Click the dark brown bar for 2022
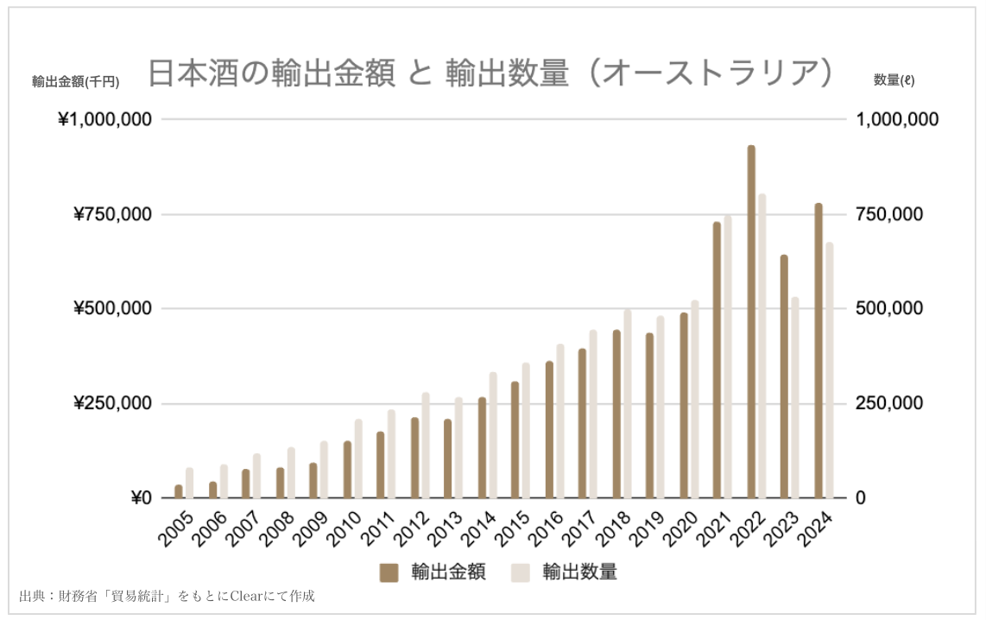pyautogui.click(x=751, y=322)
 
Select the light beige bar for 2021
pyautogui.click(x=728, y=357)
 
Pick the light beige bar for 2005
pyautogui.click(x=189, y=484)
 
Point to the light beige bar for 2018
pyautogui.click(x=627, y=404)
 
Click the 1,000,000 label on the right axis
pyautogui.click(x=896, y=119)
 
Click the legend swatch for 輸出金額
pyautogui.click(x=389, y=573)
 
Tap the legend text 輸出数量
pyautogui.click(x=579, y=573)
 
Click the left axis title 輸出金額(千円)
pyautogui.click(x=75, y=82)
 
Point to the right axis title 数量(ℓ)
pyautogui.click(x=894, y=80)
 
